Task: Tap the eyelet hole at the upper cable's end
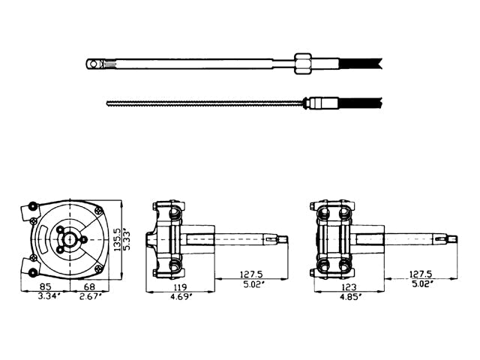[92, 64]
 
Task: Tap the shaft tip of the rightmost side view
[452, 239]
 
